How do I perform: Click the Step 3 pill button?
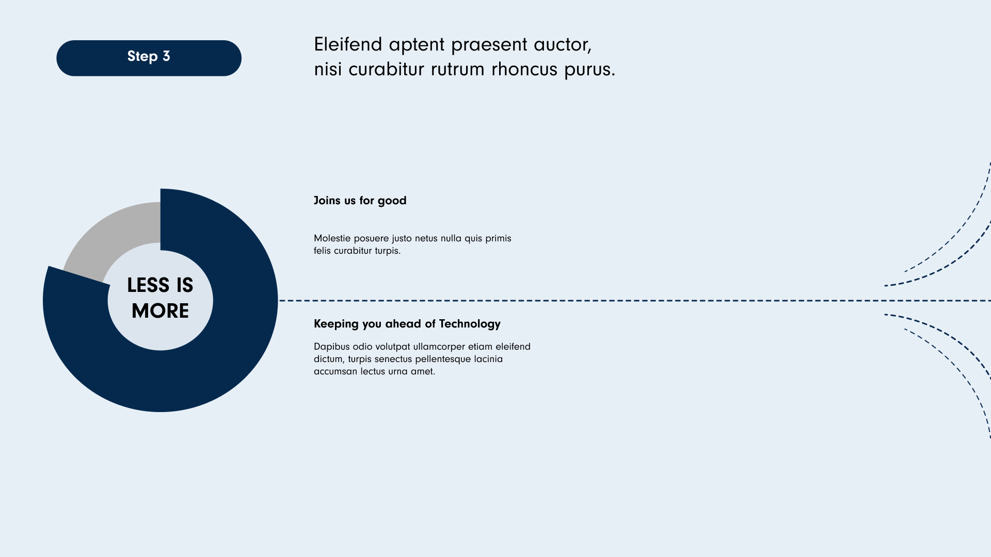click(149, 58)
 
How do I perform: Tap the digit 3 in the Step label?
click(166, 56)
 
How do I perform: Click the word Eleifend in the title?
click(348, 44)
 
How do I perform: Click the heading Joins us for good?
click(360, 201)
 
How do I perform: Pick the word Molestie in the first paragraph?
click(332, 238)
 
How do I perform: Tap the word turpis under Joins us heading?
click(388, 251)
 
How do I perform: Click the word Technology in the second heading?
click(470, 324)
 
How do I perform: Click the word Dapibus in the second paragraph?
click(331, 347)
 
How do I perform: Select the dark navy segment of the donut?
click(217, 351)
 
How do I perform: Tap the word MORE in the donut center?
click(160, 311)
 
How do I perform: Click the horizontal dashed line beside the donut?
click(635, 301)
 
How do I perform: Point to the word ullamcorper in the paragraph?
click(439, 347)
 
